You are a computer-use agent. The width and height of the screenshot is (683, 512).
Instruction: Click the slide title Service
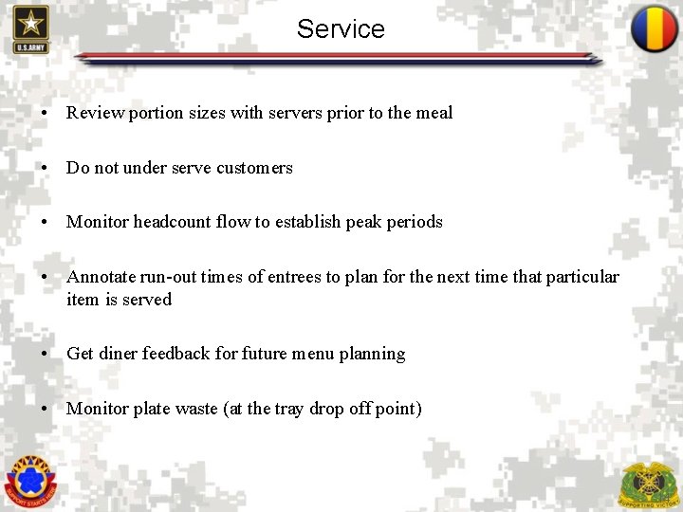[x=341, y=28]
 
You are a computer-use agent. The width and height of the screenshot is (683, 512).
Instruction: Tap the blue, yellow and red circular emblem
[x=654, y=29]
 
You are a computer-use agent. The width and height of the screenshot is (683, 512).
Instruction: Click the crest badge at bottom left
[x=30, y=479]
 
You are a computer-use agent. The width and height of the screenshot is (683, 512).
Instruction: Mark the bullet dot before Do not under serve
[x=46, y=169]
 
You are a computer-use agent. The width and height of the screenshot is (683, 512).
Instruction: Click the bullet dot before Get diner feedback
[x=46, y=355]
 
